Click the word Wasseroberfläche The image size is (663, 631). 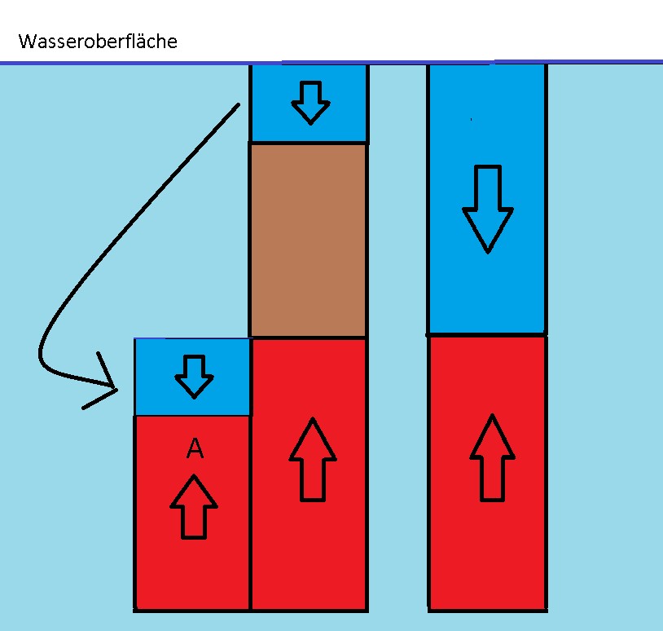[97, 42]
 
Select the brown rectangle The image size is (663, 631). [308, 240]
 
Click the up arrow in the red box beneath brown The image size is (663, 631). [313, 458]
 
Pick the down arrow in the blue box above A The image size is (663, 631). [194, 374]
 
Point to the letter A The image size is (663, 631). [195, 448]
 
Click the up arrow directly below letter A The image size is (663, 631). [194, 506]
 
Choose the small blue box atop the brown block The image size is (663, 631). [309, 104]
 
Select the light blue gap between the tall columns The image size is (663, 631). [398, 326]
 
